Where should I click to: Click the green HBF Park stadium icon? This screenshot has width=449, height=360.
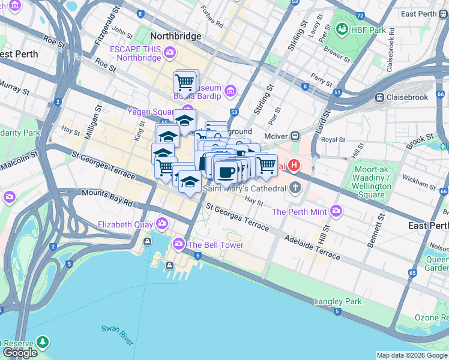pos(342,28)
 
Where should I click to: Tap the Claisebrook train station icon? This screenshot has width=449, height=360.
pos(379,97)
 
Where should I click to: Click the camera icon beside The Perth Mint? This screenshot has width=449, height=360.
pos(336,211)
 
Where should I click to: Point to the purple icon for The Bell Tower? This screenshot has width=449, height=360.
pos(178,244)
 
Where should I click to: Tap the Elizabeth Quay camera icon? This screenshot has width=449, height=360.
pos(161,224)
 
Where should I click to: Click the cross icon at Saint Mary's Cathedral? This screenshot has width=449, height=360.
pos(295,188)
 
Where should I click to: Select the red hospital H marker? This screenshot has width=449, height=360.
pos(295,164)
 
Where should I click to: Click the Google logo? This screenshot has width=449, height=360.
pos(20,353)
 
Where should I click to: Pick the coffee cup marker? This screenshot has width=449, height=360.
pos(226,172)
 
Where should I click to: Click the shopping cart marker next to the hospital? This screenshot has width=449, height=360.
pos(266,164)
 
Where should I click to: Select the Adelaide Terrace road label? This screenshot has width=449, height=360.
pos(312,247)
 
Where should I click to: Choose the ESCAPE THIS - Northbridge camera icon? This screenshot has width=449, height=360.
pos(170,53)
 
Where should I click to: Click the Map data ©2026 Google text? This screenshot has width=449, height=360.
pos(412,355)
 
